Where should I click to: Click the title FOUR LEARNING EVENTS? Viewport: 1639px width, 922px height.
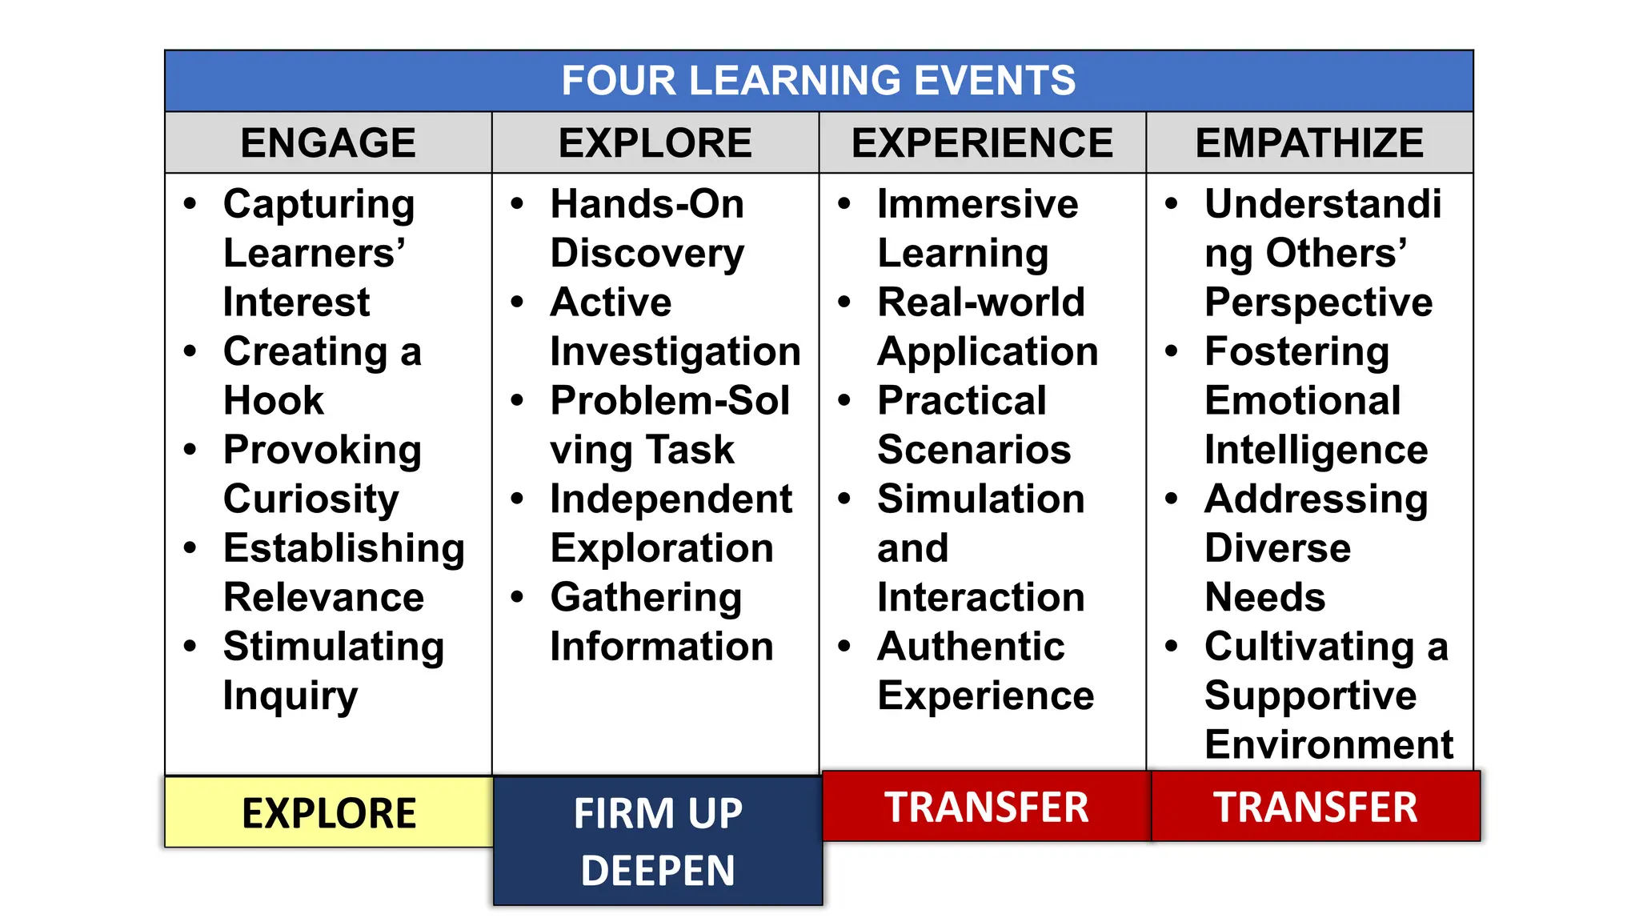tap(818, 81)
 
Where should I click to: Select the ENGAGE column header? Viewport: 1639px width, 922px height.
tap(328, 143)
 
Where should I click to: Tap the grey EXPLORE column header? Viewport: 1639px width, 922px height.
tap(655, 143)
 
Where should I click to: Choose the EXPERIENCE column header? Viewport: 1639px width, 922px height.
tap(982, 143)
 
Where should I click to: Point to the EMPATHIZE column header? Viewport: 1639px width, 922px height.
tap(1309, 143)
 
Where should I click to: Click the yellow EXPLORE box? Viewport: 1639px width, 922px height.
tap(329, 813)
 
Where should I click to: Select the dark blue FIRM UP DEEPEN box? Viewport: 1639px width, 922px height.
tap(658, 841)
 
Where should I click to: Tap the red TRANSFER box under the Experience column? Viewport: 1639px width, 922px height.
tap(986, 807)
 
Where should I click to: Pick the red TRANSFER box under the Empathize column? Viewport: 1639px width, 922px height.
tap(1315, 807)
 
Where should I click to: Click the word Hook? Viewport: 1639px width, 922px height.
tap(274, 400)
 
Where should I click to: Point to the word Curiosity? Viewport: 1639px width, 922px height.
tap(311, 499)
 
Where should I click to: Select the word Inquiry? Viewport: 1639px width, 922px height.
tap(290, 696)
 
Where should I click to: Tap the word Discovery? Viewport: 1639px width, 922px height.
tap(647, 254)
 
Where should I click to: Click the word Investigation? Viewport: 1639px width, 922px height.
tap(675, 352)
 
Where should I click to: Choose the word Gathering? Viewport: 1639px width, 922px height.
tap(646, 598)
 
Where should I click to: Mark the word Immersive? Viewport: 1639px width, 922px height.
tap(977, 204)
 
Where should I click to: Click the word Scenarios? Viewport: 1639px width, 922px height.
tap(974, 450)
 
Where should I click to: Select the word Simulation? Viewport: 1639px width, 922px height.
tap(980, 499)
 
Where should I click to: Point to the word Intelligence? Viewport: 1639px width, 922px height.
tap(1316, 450)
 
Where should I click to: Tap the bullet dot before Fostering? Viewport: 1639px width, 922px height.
tap(1172, 351)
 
